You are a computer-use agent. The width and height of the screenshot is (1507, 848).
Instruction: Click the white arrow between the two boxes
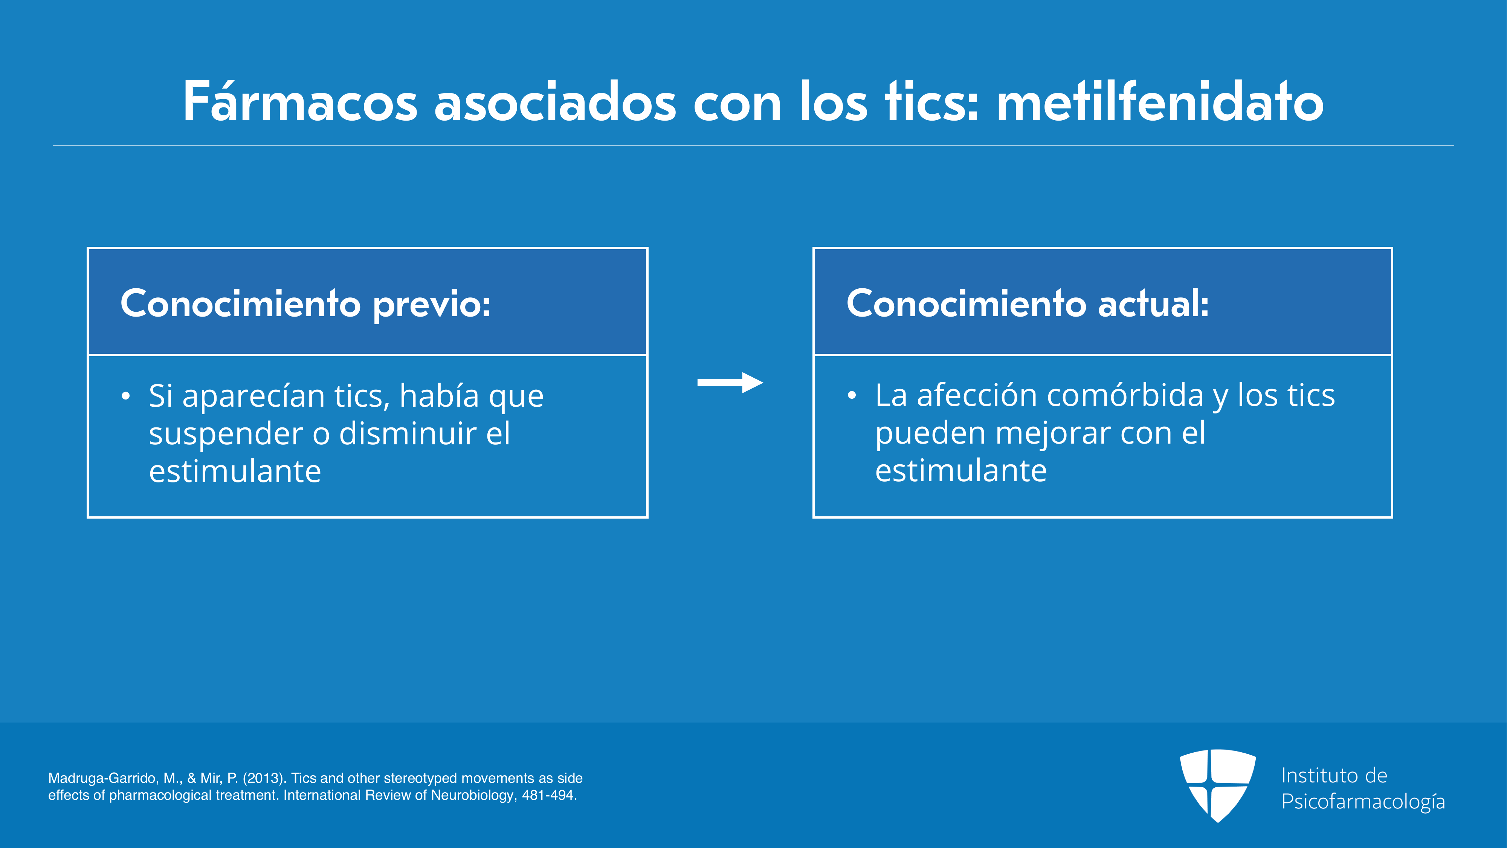(730, 383)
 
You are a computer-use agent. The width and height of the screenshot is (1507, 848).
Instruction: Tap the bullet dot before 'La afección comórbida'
(852, 396)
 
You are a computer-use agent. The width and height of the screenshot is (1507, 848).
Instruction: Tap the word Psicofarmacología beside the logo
(1363, 802)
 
